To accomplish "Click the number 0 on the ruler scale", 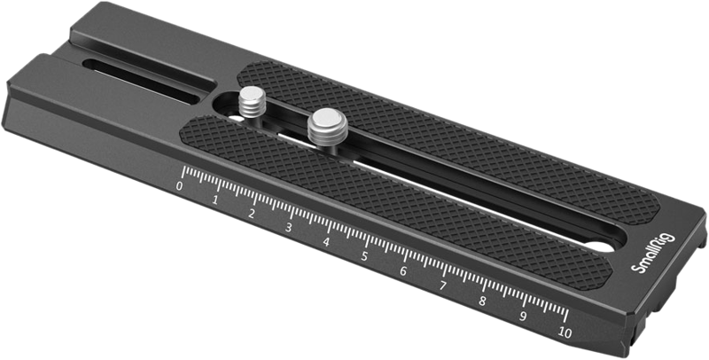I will click(180, 186).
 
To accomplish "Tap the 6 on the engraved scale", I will click(403, 271).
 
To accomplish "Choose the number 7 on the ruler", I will click(442, 286).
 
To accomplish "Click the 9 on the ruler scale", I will click(523, 317).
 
